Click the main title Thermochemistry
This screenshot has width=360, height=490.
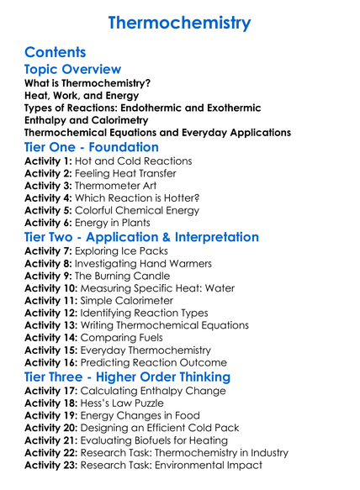coord(180,22)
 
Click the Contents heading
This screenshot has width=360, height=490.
coord(56,52)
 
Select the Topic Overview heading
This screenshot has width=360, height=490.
coord(73,70)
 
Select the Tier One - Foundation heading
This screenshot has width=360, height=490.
coord(92,148)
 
